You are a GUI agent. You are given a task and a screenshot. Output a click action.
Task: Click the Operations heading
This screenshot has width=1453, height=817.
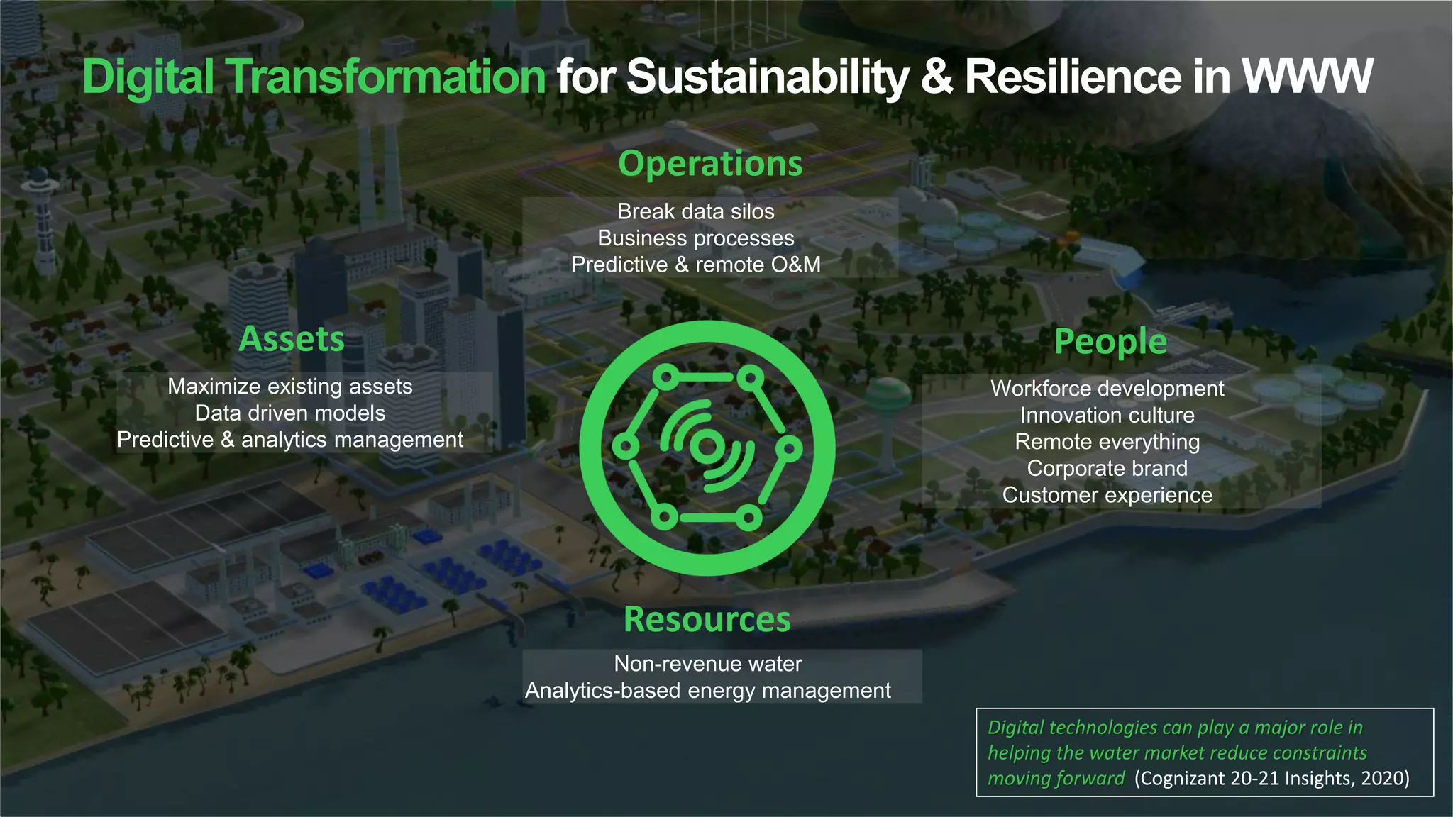coord(710,164)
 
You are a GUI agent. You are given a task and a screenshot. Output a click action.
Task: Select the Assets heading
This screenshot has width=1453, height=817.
coord(292,339)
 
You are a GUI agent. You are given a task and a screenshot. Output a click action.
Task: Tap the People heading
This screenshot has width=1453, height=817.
coord(1110,341)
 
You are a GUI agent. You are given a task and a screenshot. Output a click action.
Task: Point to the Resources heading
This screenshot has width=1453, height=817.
coord(707,619)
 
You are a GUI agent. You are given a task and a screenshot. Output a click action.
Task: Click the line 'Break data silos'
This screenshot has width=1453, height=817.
coord(695,211)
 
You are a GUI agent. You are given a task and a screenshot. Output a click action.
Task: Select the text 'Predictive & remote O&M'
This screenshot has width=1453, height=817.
coord(695,265)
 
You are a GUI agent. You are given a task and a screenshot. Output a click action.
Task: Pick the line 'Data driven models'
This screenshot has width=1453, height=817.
coord(290,413)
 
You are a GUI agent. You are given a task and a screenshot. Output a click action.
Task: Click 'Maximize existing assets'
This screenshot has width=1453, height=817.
coord(290,387)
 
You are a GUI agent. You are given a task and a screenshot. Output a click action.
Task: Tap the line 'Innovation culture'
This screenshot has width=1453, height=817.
coord(1107,415)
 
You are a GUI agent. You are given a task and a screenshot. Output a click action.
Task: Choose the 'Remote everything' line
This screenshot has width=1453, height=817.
coord(1107,442)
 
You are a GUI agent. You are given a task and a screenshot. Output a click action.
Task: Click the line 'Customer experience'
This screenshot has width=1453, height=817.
coord(1107,495)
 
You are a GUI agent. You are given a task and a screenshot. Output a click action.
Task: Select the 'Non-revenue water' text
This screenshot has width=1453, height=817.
coord(708,664)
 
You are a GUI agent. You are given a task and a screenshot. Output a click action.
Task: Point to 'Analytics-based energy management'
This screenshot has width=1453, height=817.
coord(708,691)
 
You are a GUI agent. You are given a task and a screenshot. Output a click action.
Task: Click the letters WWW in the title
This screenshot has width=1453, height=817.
coord(1308,77)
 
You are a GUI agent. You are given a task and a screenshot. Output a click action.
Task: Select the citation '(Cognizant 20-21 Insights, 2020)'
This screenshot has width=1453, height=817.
coord(1271,779)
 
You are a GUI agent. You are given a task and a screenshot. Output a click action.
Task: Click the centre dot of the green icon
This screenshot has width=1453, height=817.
coord(706,447)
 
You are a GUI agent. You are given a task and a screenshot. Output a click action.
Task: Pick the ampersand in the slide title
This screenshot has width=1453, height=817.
coord(937,77)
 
